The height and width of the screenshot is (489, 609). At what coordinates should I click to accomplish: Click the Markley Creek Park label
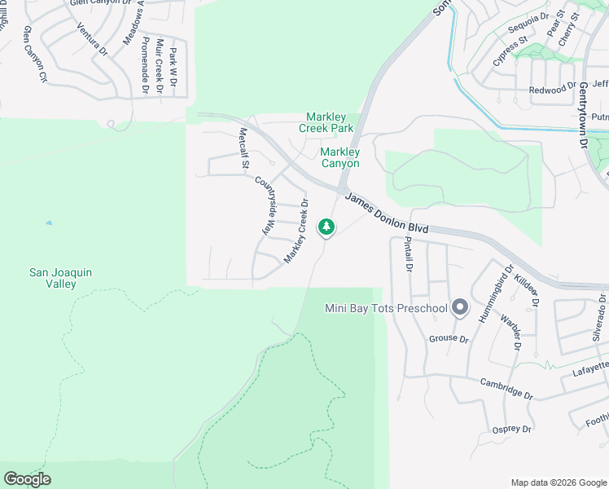[x=330, y=122]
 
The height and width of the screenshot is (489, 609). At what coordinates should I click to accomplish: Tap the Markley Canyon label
[x=340, y=157]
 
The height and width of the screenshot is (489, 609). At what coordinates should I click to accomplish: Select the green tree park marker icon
[x=326, y=226]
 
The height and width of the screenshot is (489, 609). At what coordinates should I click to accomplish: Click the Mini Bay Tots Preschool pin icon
[x=460, y=307]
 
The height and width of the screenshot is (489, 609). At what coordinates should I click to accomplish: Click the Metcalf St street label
[x=243, y=148]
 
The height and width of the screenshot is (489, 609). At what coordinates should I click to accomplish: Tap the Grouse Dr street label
[x=449, y=338]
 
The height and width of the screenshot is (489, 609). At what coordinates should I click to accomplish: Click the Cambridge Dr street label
[x=506, y=389]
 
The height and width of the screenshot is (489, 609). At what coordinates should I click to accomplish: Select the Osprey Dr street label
[x=511, y=429]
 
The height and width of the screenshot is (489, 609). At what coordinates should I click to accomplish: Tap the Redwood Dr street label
[x=552, y=90]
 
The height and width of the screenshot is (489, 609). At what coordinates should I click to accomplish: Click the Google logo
[x=27, y=479]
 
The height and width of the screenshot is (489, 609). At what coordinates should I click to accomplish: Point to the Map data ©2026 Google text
[x=558, y=482]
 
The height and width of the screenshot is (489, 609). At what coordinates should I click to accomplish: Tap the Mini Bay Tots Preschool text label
[x=386, y=308]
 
